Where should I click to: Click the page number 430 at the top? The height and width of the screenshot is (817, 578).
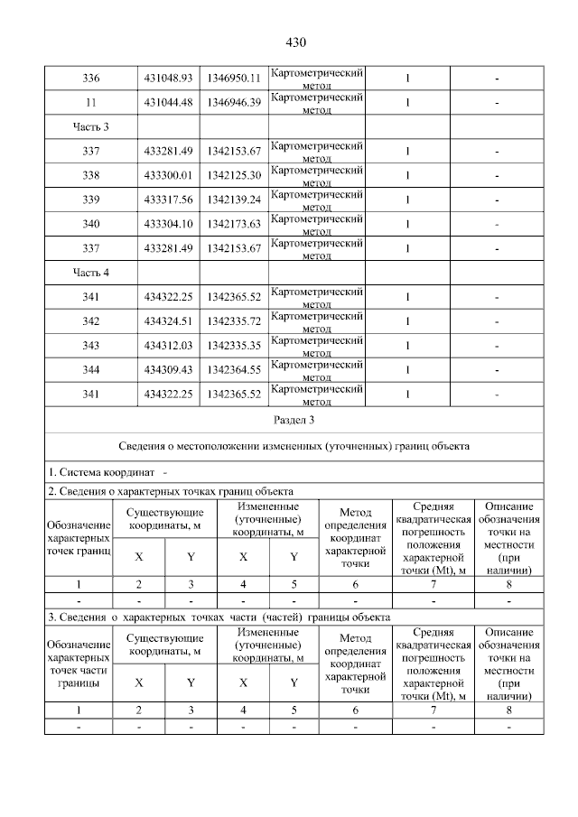point(295,42)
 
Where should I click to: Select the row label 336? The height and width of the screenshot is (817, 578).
point(90,79)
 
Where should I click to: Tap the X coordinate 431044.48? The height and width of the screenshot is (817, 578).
point(168,103)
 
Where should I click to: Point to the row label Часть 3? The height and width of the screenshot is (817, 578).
point(90,126)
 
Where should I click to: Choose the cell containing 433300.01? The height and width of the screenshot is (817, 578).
point(168,175)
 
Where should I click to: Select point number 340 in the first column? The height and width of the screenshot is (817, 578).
point(90,224)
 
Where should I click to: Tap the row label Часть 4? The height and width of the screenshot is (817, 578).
point(90,272)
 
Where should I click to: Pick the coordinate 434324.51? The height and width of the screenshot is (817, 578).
point(168,320)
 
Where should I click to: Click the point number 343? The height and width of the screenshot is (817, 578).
point(90,345)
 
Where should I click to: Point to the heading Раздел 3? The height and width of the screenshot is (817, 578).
point(294,421)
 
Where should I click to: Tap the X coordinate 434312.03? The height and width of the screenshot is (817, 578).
point(168,345)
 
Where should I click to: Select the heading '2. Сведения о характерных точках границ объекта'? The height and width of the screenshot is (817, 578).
point(171,492)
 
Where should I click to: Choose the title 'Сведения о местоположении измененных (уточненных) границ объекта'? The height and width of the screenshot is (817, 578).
point(294,446)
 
